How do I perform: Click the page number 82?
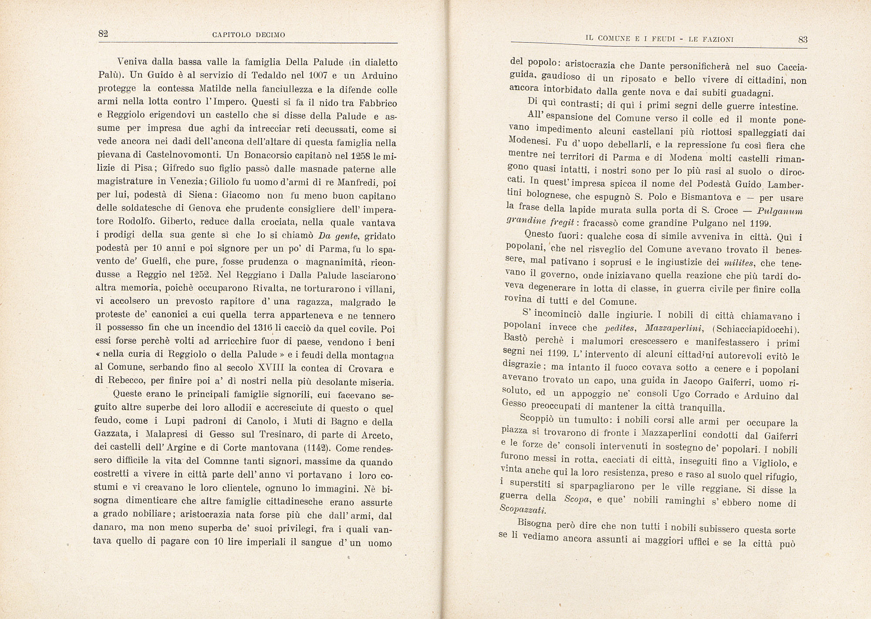(103, 34)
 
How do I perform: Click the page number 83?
(803, 39)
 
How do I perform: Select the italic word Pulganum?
(780, 212)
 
